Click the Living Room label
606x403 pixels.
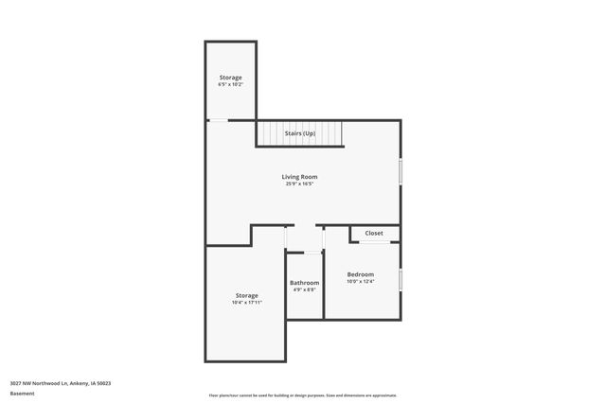(x=299, y=177)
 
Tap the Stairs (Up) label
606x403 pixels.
(x=299, y=133)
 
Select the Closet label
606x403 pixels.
(x=374, y=233)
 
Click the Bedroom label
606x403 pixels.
(x=360, y=274)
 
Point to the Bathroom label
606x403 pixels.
(x=304, y=283)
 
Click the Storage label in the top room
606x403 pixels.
(x=230, y=78)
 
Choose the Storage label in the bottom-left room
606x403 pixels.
(x=245, y=295)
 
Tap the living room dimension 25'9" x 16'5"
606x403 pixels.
(x=299, y=184)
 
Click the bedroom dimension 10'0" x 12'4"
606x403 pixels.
(x=360, y=281)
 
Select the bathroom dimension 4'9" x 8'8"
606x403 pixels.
(x=304, y=289)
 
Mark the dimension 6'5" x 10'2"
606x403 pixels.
(x=230, y=84)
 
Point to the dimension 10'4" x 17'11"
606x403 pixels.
(x=245, y=303)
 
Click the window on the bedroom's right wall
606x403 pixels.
(x=401, y=280)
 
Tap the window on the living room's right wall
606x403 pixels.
(x=401, y=170)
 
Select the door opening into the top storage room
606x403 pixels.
(x=218, y=120)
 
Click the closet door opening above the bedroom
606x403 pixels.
(x=374, y=242)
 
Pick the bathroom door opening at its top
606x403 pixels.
(x=304, y=252)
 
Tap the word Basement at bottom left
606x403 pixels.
(x=22, y=393)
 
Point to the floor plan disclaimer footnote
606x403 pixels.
(x=303, y=395)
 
